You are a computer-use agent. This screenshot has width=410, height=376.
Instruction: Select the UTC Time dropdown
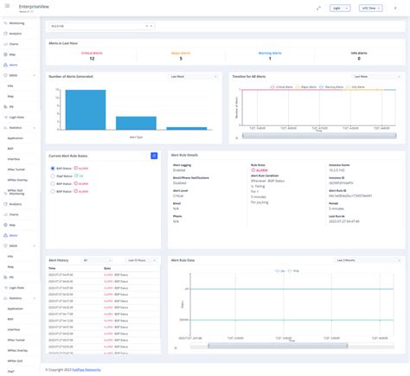[x=374, y=8]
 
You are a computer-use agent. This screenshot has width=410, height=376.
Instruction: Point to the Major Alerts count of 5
[x=180, y=58]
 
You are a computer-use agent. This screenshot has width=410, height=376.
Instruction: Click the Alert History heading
[x=61, y=259]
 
